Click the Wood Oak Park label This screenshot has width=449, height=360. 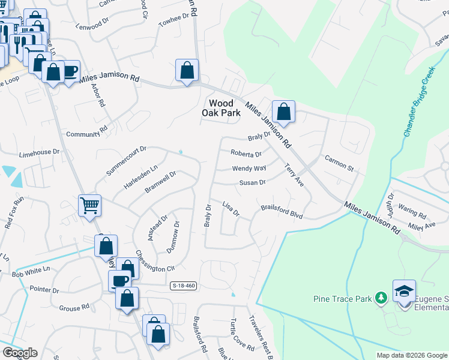[x=224, y=108]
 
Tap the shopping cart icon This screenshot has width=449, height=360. [x=89, y=205]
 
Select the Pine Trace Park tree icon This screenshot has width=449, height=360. [x=380, y=298]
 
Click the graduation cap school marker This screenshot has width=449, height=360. [x=405, y=291]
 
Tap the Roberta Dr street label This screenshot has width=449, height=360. [x=247, y=154]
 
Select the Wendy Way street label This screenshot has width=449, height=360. [x=249, y=169]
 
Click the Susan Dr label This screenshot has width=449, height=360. [x=253, y=182]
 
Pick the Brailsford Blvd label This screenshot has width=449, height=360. [x=282, y=212]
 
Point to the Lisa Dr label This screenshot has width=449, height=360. [x=231, y=209]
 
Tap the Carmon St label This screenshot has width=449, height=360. [x=340, y=161]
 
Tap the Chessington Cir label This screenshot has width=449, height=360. [x=154, y=262]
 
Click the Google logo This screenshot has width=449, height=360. [x=20, y=353]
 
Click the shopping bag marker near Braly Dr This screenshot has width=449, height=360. [x=283, y=112]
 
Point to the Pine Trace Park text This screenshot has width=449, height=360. [x=343, y=298]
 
